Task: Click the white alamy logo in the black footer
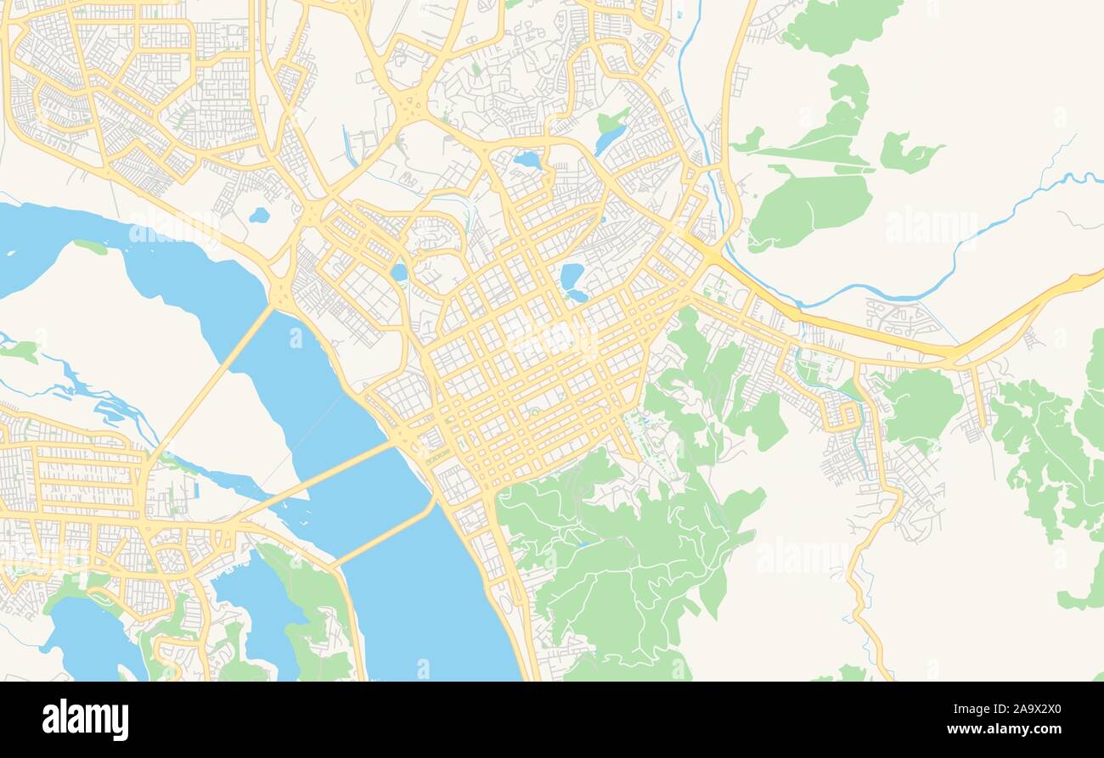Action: (x=86, y=720)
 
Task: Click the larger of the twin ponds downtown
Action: (x=571, y=276)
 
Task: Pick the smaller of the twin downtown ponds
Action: (x=577, y=296)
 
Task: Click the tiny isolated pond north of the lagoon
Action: (x=259, y=216)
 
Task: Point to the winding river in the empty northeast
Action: (x=977, y=229)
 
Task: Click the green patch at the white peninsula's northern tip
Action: (x=90, y=247)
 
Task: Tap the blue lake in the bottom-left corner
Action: (x=93, y=637)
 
